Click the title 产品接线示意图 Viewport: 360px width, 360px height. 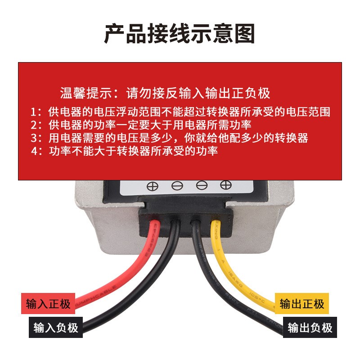click(x=180, y=33)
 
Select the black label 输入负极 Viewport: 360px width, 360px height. click(x=56, y=327)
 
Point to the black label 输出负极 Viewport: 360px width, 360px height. click(x=310, y=327)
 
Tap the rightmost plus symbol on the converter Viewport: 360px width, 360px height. click(x=225, y=184)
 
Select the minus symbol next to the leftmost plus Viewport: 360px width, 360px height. click(x=177, y=185)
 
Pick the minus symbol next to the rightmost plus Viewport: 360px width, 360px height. click(x=201, y=185)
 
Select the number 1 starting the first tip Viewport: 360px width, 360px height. click(x=33, y=112)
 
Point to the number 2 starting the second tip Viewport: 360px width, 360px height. click(x=33, y=125)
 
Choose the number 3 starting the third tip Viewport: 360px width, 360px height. click(x=33, y=138)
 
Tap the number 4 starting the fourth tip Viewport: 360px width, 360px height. click(x=33, y=151)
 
